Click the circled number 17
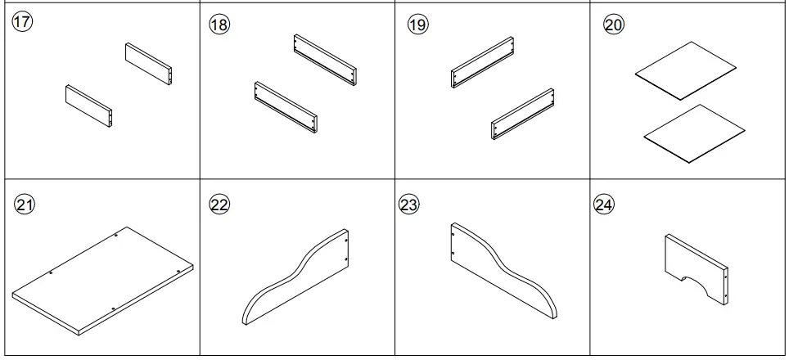(x=22, y=22)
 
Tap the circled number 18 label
(x=219, y=25)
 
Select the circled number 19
(x=417, y=25)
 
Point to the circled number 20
(x=613, y=25)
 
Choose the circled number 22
(x=219, y=205)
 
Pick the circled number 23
(x=408, y=205)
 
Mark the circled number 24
(x=603, y=205)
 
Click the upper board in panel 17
(x=149, y=65)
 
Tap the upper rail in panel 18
(x=326, y=61)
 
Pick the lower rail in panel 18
(x=286, y=107)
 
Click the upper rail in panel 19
(x=482, y=61)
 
